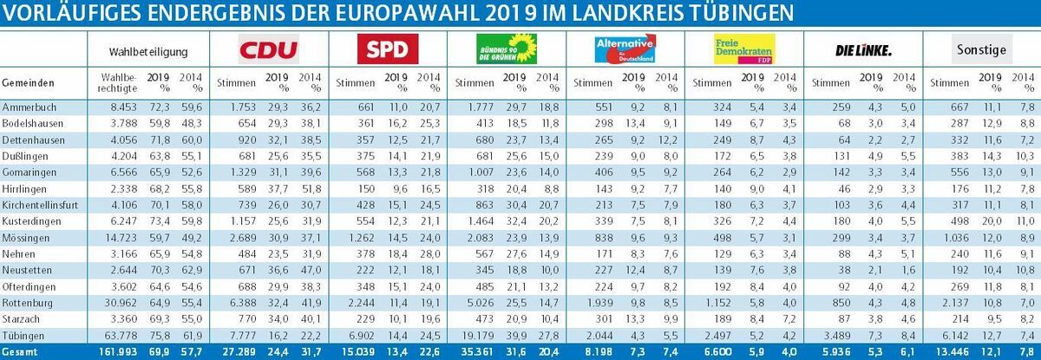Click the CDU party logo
click(268, 51)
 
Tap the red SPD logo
click(388, 51)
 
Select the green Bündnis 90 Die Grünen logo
click(508, 51)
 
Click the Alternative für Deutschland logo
click(625, 50)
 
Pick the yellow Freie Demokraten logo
click(743, 51)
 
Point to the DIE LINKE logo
click(863, 51)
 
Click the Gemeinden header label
click(29, 83)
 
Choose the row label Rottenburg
click(27, 303)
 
